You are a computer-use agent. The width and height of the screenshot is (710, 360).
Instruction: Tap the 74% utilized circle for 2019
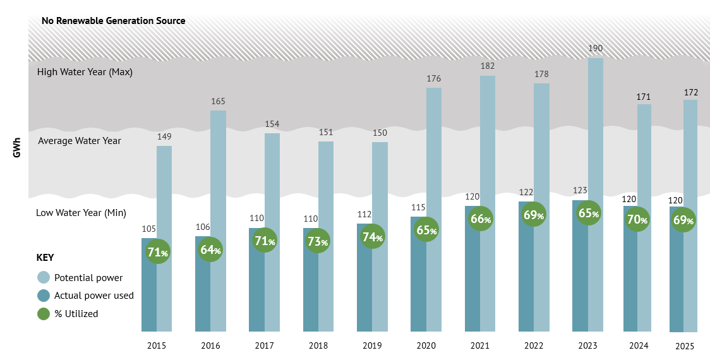[x=373, y=237]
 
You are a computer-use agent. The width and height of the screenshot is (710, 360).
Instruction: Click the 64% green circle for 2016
[x=211, y=250]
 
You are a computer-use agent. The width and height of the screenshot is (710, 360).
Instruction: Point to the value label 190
[x=595, y=48]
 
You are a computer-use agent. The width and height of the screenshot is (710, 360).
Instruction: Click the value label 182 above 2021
[x=487, y=66]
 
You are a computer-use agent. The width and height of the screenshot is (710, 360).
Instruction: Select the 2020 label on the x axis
[x=426, y=345]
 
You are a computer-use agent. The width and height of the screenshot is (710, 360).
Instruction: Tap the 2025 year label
[x=685, y=346]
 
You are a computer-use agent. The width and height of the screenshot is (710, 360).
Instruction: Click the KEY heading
[x=45, y=258]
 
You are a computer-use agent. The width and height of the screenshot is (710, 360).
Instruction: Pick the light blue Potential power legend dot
[x=44, y=277]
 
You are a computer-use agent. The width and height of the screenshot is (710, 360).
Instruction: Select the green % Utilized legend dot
[x=44, y=313]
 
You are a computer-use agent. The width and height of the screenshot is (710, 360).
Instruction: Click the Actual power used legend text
[x=94, y=296]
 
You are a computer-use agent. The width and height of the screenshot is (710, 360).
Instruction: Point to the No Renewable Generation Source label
[x=113, y=21]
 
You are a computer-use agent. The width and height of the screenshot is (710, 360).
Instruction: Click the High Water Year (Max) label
[x=85, y=72]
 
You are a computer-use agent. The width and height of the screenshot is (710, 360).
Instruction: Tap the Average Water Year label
[x=80, y=141]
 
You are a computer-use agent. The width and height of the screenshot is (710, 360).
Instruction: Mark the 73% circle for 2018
[x=318, y=241]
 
